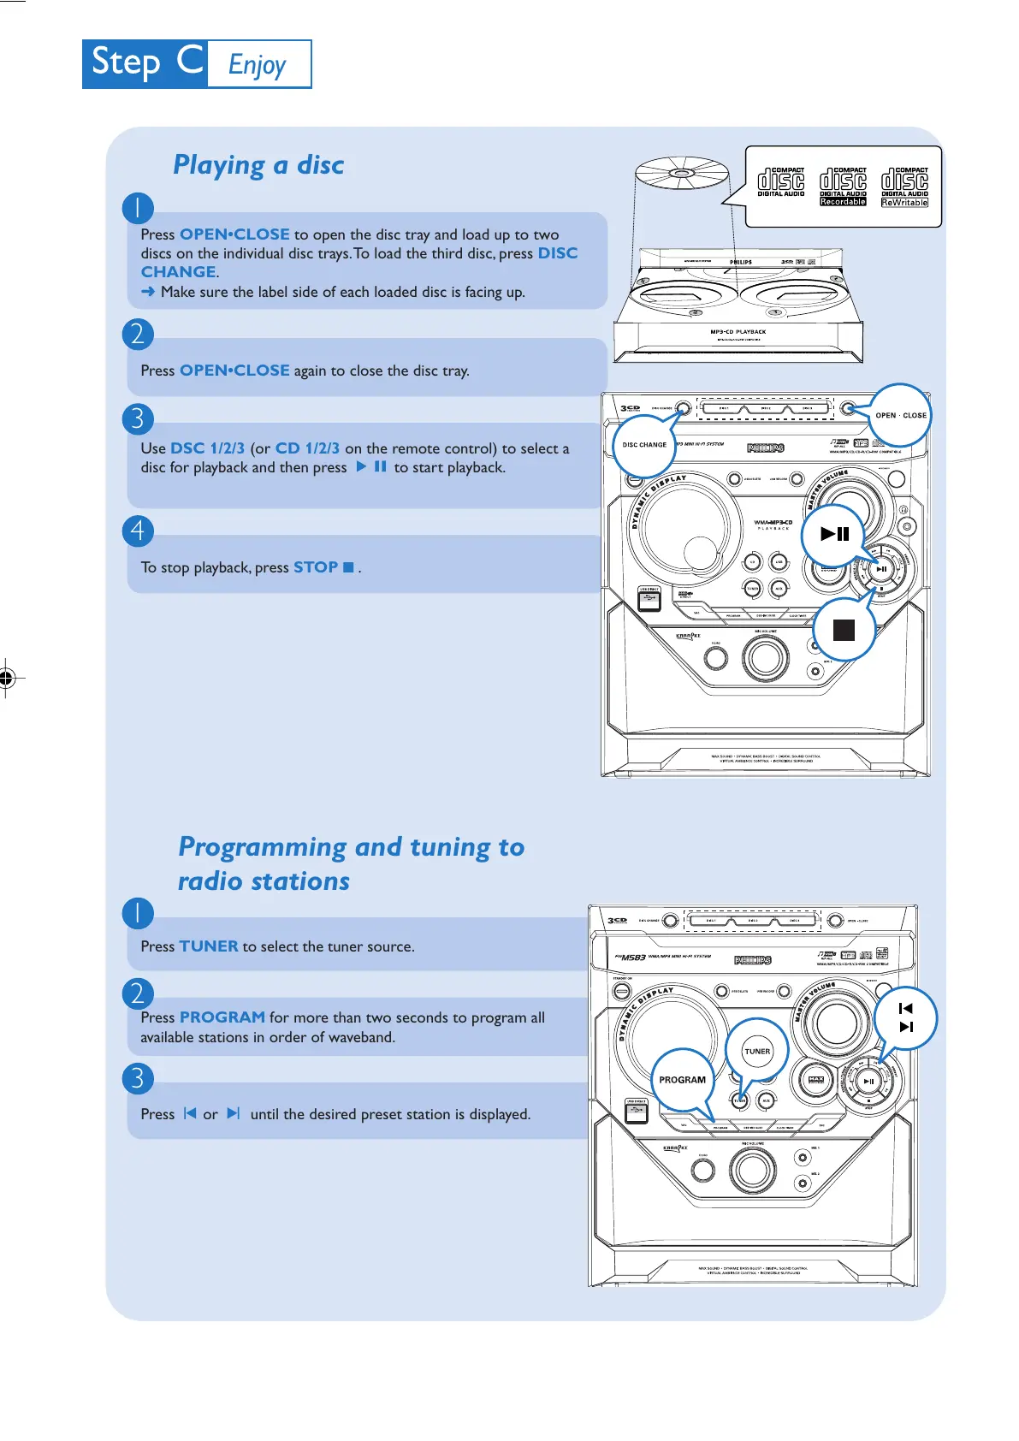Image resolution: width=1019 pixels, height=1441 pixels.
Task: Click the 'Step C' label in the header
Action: tap(145, 63)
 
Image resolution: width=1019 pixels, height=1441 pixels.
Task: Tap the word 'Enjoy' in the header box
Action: tap(257, 65)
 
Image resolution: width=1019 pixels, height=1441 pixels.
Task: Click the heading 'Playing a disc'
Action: tap(258, 164)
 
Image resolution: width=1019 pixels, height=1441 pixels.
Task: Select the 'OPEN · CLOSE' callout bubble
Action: tap(900, 415)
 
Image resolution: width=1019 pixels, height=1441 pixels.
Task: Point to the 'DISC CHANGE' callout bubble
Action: tap(644, 445)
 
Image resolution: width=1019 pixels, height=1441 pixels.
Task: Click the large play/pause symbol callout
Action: tap(834, 534)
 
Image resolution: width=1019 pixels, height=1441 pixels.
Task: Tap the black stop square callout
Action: tap(844, 630)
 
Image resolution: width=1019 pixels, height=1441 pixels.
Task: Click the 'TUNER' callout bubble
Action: tap(757, 1051)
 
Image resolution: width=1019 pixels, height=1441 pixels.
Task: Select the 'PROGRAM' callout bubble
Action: tap(682, 1080)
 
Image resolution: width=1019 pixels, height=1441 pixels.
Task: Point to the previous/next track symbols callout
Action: tap(906, 1017)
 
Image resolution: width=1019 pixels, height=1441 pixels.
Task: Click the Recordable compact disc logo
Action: tap(843, 187)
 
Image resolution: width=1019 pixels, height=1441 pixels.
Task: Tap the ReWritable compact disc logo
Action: tap(904, 187)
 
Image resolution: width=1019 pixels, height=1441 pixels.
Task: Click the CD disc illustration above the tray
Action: tap(681, 176)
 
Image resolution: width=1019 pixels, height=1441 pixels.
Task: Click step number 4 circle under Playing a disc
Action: tap(138, 531)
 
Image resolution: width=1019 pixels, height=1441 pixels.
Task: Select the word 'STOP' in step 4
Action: tap(316, 567)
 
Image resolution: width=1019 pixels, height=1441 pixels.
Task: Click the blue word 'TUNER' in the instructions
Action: tap(209, 946)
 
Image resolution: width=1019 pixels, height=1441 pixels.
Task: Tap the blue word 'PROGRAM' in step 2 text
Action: tap(222, 1017)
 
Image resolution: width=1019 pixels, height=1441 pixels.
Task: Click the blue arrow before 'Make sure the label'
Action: tap(148, 292)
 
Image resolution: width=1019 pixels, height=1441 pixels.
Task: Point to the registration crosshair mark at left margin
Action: tap(7, 679)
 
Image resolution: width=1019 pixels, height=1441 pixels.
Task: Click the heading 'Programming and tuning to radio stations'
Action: tap(351, 863)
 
